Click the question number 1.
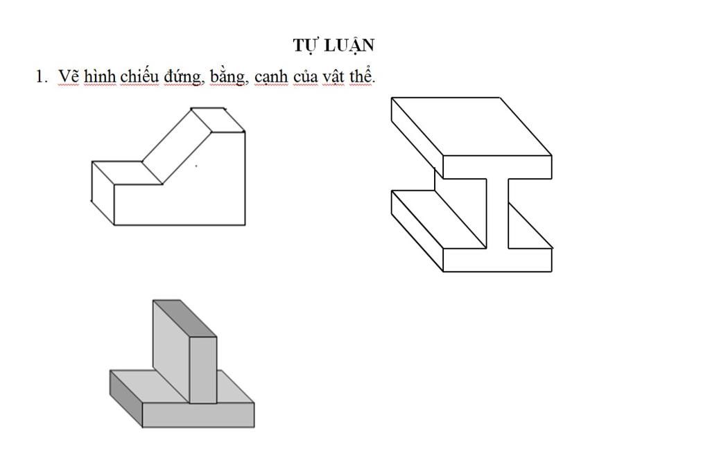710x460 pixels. [x=41, y=76]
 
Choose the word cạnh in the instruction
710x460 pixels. [x=271, y=77]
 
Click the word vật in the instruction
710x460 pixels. [x=333, y=76]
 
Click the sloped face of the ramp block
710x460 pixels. [x=177, y=146]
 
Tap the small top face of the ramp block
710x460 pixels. [x=218, y=120]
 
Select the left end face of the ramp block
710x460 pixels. [x=103, y=193]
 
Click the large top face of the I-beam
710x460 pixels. [x=471, y=127]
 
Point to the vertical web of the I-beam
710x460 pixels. [x=497, y=213]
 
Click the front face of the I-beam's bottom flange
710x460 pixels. [x=497, y=260]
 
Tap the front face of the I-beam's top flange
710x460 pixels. [x=497, y=168]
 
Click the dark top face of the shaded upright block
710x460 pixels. [x=184, y=319]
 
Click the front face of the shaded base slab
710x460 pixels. [x=198, y=415]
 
